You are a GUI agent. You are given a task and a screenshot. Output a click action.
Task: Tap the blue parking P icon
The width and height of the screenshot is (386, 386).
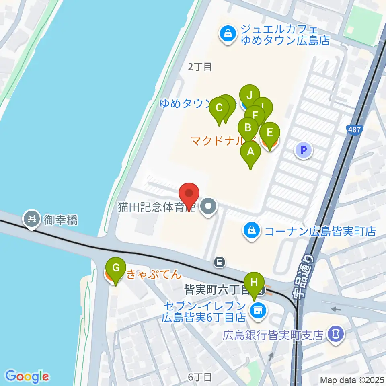[304, 150]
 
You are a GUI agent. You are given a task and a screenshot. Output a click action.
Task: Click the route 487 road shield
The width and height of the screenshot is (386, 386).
[354, 129]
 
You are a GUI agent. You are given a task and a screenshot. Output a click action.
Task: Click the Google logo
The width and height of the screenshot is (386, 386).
[27, 376]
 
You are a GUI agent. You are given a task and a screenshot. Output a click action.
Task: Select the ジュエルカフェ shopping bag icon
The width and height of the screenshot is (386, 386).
[228, 33]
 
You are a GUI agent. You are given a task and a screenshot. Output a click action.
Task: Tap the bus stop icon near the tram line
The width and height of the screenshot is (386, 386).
[220, 262]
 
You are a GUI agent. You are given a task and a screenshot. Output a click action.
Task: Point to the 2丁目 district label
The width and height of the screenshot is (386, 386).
[200, 67]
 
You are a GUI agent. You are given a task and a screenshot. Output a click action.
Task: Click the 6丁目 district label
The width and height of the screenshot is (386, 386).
[200, 377]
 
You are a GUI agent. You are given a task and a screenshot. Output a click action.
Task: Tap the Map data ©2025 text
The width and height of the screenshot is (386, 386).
[351, 380]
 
